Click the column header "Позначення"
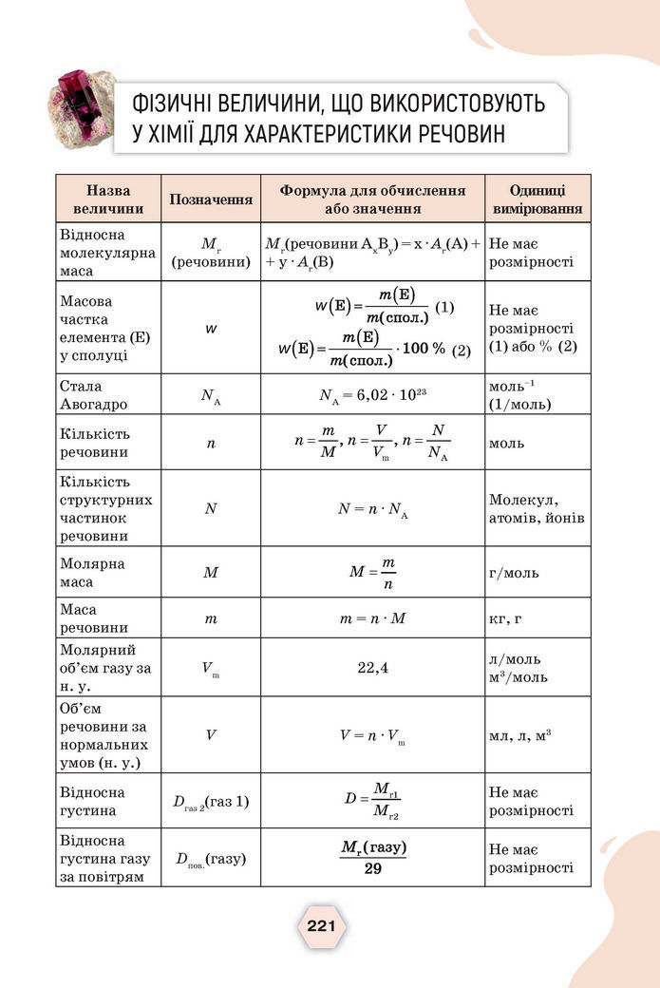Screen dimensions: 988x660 tap(211, 199)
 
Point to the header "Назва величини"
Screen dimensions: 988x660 tap(108, 199)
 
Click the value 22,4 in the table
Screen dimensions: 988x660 tap(372, 668)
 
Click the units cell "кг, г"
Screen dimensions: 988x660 tap(505, 619)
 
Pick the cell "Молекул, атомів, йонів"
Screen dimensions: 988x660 tap(537, 509)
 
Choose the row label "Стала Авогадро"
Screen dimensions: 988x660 tap(93, 395)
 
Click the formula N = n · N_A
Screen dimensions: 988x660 tap(372, 509)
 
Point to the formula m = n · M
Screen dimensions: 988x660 tap(372, 619)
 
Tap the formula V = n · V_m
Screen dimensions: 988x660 tap(372, 735)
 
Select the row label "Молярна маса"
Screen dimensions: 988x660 tap(92, 572)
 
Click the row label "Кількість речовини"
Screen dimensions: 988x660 tap(94, 443)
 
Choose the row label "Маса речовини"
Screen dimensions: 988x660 tap(92, 618)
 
